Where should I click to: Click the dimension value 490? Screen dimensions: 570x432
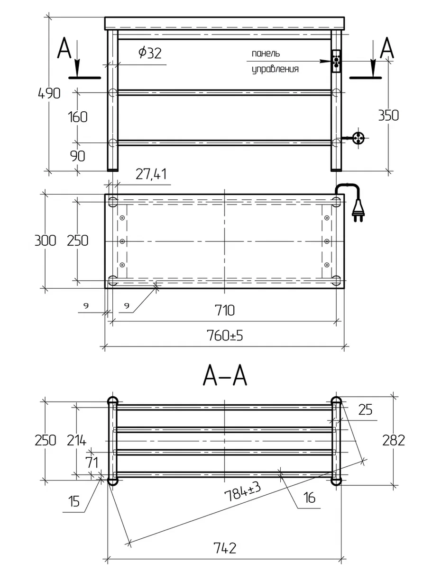pyautogui.click(x=49, y=93)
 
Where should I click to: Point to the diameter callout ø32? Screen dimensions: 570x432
pyautogui.click(x=150, y=53)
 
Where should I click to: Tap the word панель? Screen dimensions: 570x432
pyautogui.click(x=266, y=53)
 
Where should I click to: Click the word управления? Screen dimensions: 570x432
pyautogui.click(x=275, y=70)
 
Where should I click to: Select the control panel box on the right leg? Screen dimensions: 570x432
pyautogui.click(x=336, y=62)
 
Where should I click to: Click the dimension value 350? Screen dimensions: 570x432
pyautogui.click(x=388, y=115)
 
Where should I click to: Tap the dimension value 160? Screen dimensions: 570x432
pyautogui.click(x=77, y=116)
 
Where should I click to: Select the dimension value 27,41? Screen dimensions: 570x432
pyautogui.click(x=151, y=175)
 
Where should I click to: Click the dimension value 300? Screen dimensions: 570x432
pyautogui.click(x=46, y=240)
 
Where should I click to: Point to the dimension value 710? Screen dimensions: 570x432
pyautogui.click(x=224, y=311)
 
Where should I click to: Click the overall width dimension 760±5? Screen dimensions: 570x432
pyautogui.click(x=225, y=336)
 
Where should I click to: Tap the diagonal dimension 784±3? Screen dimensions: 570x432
pyautogui.click(x=244, y=493)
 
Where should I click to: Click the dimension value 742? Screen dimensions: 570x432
pyautogui.click(x=225, y=549)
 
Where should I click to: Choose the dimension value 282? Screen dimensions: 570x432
pyautogui.click(x=394, y=440)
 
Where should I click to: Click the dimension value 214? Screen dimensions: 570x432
pyautogui.click(x=76, y=440)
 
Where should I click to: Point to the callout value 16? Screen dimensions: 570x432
pyautogui.click(x=308, y=498)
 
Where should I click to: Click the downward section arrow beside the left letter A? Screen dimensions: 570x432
pyautogui.click(x=77, y=64)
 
